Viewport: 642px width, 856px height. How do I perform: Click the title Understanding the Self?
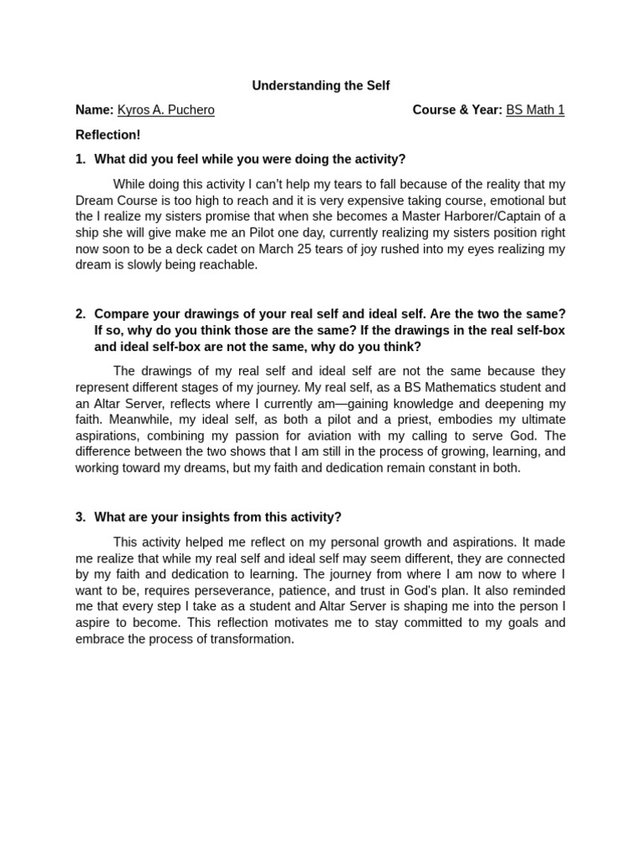pyautogui.click(x=321, y=86)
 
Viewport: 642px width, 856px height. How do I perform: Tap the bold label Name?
pyautogui.click(x=94, y=110)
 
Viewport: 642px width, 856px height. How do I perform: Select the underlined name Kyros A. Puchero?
pyautogui.click(x=166, y=110)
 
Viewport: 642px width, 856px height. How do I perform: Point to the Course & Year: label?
pyautogui.click(x=457, y=110)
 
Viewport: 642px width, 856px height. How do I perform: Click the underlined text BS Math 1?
pyautogui.click(x=535, y=110)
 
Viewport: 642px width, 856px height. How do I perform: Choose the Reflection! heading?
pyautogui.click(x=108, y=135)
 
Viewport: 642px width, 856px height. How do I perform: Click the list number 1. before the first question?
pyautogui.click(x=80, y=159)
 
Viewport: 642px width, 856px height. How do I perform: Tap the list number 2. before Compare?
pyautogui.click(x=80, y=314)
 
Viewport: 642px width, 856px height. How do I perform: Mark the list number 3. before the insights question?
pyautogui.click(x=80, y=517)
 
